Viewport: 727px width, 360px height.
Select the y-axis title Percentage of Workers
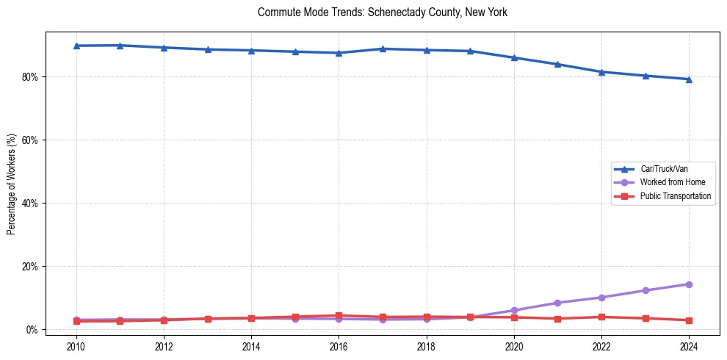pos(11,184)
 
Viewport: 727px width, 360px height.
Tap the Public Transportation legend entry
pos(675,196)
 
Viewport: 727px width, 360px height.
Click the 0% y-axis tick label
pos(32,329)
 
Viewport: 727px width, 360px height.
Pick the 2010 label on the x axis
pos(76,345)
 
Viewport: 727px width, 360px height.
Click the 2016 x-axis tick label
pos(339,345)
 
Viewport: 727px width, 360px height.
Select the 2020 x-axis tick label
pos(514,345)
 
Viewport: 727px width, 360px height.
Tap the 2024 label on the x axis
pos(689,345)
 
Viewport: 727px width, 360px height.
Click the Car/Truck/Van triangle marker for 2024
pos(689,79)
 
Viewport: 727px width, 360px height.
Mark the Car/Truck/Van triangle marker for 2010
pos(76,46)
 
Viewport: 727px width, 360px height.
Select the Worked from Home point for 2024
pos(689,284)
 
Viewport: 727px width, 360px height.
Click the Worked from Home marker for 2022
pos(601,298)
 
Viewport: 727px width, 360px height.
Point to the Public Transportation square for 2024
pos(689,320)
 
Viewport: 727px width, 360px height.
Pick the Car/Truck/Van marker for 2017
pos(383,48)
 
